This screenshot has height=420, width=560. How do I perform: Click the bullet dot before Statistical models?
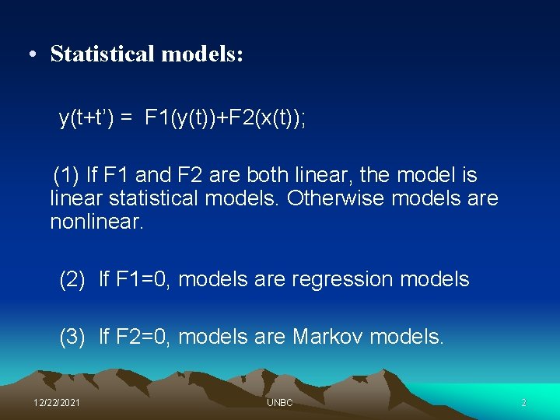coord(31,54)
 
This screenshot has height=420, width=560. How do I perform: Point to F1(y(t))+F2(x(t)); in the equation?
coord(226,119)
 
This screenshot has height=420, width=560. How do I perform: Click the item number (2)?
coord(72,279)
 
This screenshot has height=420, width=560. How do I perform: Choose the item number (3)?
coord(72,337)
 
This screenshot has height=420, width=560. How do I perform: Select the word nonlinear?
coord(96,222)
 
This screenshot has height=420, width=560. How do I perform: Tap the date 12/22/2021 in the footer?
coord(56,403)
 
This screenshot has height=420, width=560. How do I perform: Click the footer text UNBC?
coord(279,403)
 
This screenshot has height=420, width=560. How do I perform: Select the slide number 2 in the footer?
coord(523,403)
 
